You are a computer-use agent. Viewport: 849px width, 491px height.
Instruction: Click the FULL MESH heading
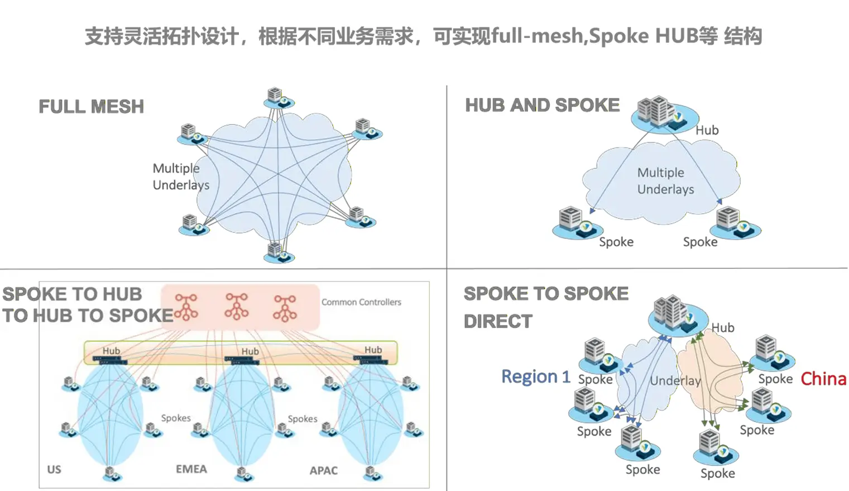(91, 106)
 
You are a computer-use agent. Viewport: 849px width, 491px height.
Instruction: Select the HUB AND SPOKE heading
(542, 105)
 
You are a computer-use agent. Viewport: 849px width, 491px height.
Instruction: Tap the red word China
(823, 379)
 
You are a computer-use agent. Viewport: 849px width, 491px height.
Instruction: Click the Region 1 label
(535, 376)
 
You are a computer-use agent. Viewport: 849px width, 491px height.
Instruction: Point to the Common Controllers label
(361, 302)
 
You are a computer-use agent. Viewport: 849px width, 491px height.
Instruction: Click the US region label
(54, 469)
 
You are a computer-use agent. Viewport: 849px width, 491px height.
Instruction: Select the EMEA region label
(191, 469)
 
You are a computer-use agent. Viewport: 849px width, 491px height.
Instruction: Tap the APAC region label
(324, 470)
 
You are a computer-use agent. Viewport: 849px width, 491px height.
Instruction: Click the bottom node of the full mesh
(277, 251)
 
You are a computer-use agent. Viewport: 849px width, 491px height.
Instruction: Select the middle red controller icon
(236, 307)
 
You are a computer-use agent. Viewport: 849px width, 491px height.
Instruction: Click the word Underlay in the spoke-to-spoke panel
(675, 381)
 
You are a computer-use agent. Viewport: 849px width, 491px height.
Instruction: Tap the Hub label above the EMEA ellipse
(250, 351)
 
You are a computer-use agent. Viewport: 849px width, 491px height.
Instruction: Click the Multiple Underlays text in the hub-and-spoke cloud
(665, 181)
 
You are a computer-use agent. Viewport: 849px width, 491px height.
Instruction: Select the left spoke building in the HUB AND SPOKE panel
(575, 222)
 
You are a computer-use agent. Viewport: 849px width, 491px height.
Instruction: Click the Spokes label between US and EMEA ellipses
(176, 418)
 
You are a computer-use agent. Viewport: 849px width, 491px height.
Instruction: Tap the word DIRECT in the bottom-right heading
(498, 321)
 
